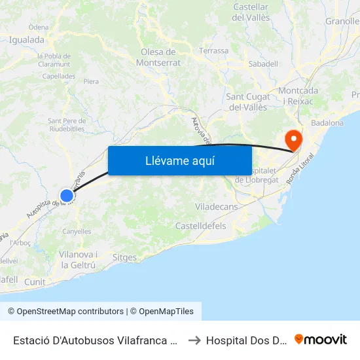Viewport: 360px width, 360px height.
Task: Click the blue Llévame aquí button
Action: [x=180, y=160]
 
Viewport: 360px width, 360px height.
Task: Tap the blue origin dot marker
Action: [x=67, y=195]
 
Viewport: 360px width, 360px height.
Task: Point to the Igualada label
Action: [x=27, y=39]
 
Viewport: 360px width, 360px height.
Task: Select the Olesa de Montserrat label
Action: [x=158, y=58]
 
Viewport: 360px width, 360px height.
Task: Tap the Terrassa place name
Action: [x=214, y=50]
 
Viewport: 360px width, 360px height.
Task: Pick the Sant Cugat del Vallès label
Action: [x=247, y=102]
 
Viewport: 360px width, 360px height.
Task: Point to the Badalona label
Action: [x=327, y=122]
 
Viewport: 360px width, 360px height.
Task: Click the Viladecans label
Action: [x=217, y=207]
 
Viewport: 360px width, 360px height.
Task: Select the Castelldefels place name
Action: [x=200, y=226]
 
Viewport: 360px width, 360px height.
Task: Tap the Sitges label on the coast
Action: [x=124, y=258]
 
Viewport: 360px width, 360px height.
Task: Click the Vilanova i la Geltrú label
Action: [x=78, y=260]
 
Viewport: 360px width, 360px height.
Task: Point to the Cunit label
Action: [x=35, y=281]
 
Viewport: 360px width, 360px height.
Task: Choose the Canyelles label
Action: [x=77, y=232]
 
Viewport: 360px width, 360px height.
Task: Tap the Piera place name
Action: [x=91, y=82]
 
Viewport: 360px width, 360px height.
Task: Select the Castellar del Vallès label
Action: [x=251, y=12]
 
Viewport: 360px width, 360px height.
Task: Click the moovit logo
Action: [x=321, y=340]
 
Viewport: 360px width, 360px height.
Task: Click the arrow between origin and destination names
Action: [x=195, y=340]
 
